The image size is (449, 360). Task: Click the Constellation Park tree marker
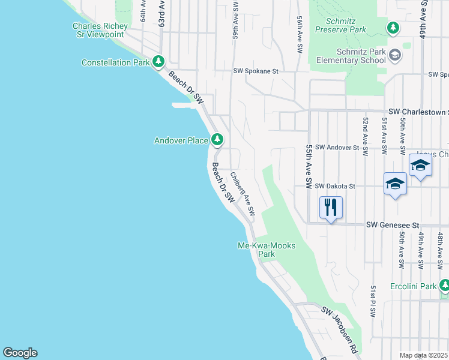[x=158, y=61]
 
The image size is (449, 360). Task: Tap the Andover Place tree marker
[x=217, y=140]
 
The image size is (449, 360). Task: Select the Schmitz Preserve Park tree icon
[x=393, y=27]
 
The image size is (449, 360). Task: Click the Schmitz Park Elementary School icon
[x=395, y=55]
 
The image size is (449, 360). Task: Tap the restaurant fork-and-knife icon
[x=331, y=208]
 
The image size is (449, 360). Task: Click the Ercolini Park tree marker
[x=444, y=285]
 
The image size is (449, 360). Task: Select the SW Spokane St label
[x=256, y=71]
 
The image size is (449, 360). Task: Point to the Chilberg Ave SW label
[x=243, y=194]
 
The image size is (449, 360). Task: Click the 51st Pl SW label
[x=373, y=302]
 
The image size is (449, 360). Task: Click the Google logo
[x=20, y=353]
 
